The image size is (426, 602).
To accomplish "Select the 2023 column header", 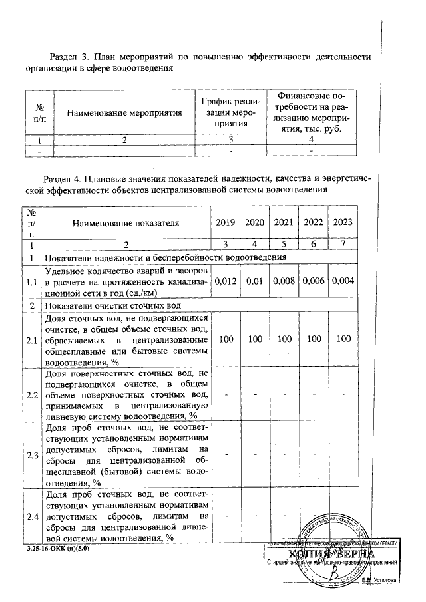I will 343,222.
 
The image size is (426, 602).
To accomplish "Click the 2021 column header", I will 284,222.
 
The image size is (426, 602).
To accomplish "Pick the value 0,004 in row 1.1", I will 343,282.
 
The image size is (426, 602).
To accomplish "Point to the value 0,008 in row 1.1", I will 284,282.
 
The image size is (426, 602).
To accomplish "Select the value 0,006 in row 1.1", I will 314,282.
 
